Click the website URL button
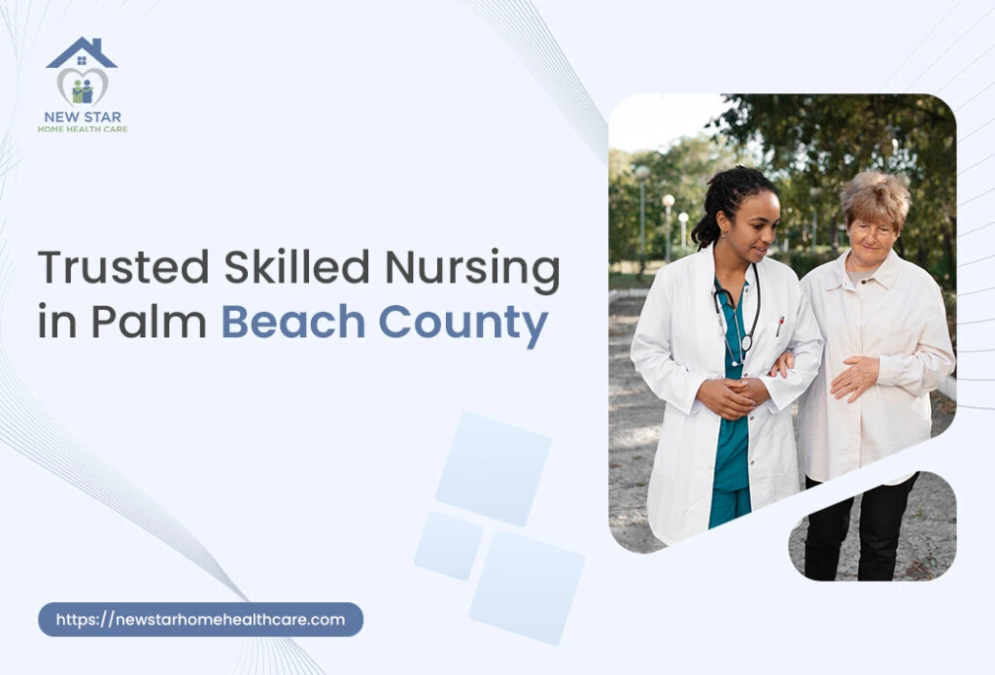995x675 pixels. pyautogui.click(x=200, y=620)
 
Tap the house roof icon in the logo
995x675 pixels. pyautogui.click(x=82, y=53)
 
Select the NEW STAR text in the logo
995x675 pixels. pyautogui.click(x=83, y=118)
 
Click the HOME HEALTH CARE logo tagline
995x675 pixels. pyautogui.click(x=83, y=129)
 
